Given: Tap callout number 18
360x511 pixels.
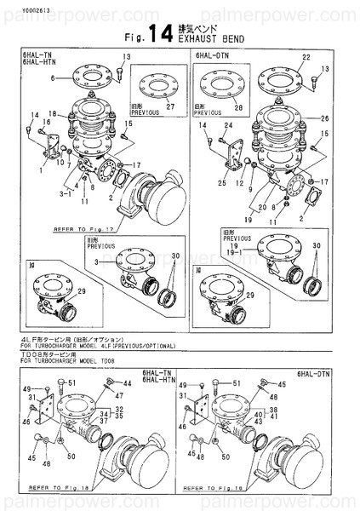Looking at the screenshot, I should [52, 113].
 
